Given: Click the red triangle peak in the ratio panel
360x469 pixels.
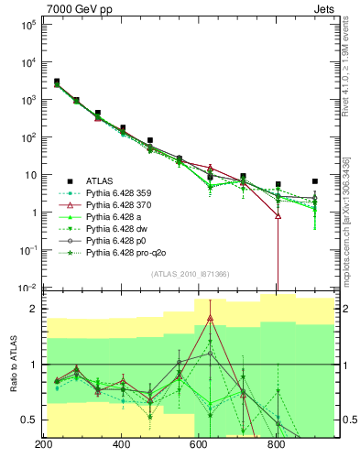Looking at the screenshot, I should pos(211,318).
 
